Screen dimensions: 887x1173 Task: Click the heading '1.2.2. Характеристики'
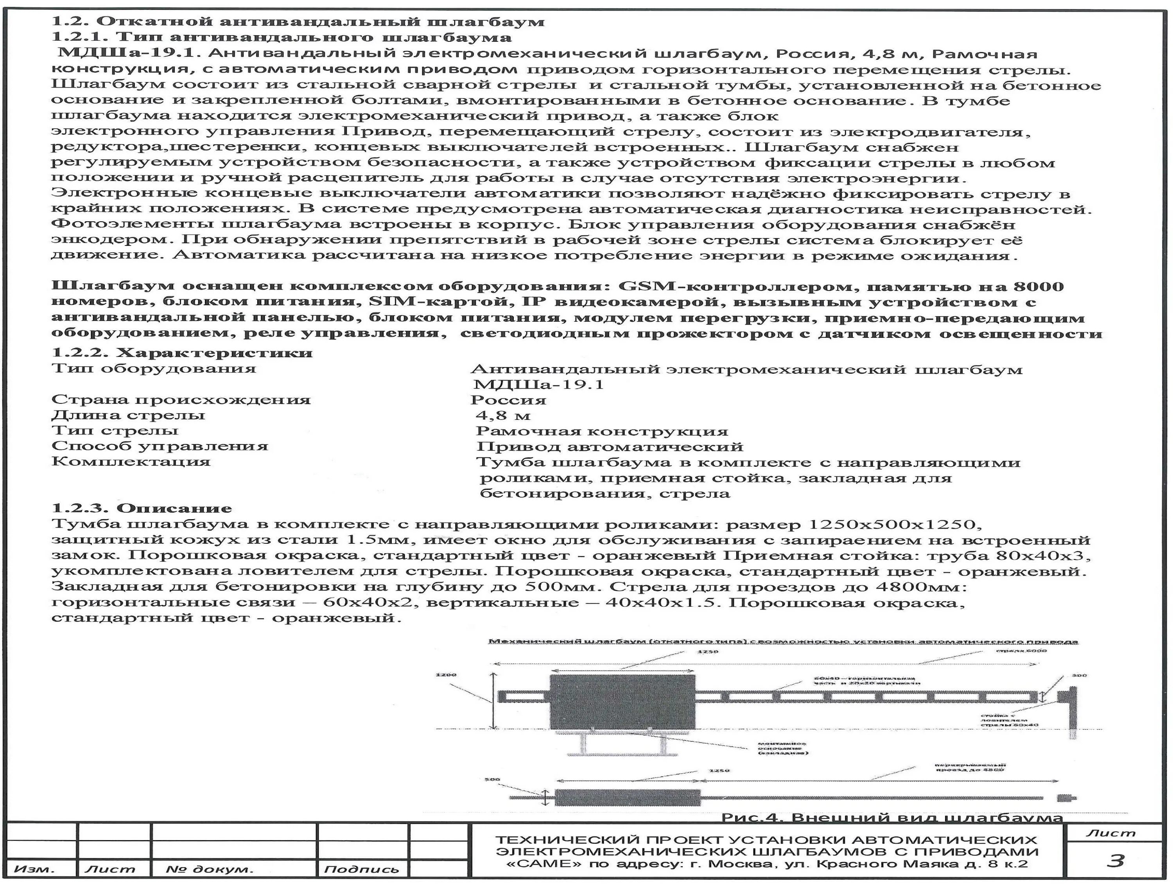coord(182,353)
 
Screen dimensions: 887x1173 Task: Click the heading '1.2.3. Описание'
coord(142,508)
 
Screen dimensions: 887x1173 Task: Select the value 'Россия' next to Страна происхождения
coord(508,400)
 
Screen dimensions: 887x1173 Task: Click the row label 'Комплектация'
coord(131,461)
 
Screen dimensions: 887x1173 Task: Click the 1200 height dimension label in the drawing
coord(445,675)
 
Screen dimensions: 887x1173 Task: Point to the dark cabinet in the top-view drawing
coord(627,797)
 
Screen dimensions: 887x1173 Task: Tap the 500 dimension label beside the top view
coord(492,779)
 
